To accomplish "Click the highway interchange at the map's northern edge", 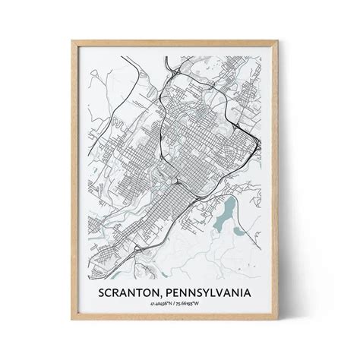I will pyautogui.click(x=175, y=72).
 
